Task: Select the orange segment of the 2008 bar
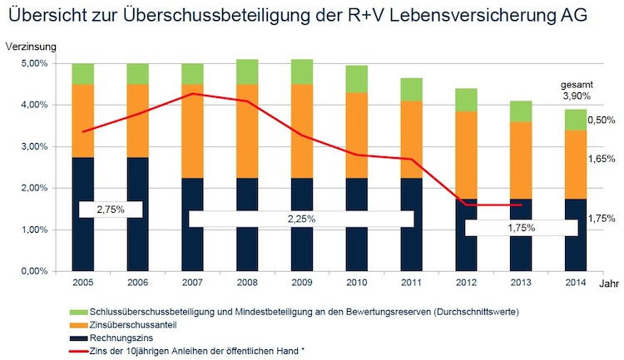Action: pos(247,131)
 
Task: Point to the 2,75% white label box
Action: pos(111,210)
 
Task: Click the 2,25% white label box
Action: pos(301,219)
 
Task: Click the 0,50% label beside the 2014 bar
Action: pos(601,121)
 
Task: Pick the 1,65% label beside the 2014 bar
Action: pos(601,158)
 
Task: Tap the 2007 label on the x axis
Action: pos(193,284)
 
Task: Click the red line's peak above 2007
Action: pos(193,94)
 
